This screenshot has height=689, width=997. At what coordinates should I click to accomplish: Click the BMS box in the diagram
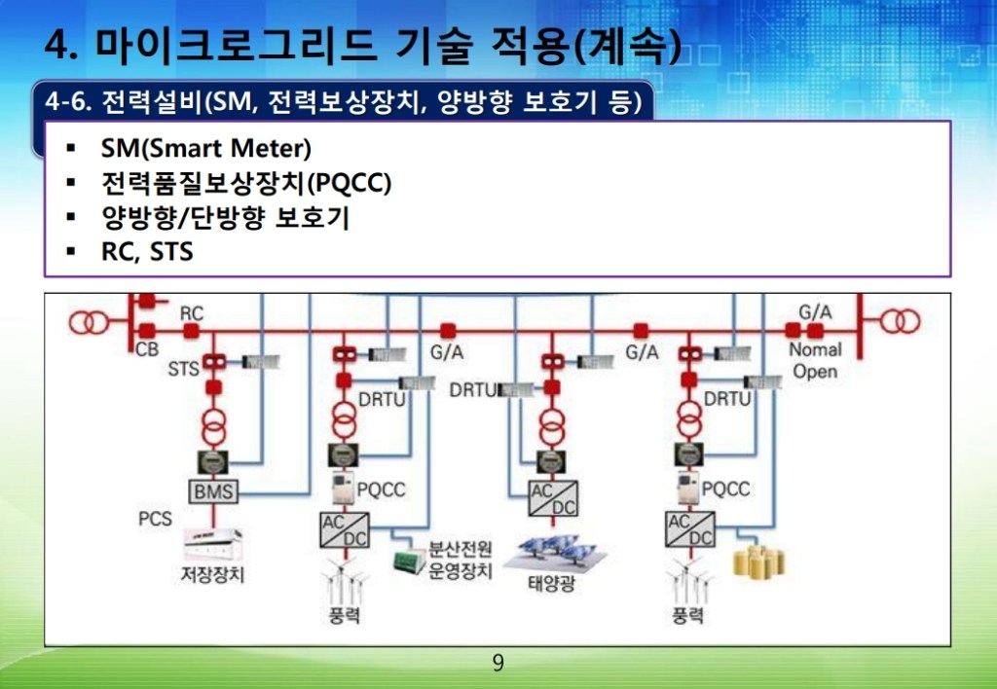coord(213,491)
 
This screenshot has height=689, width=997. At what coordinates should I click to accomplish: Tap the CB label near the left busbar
coord(147,349)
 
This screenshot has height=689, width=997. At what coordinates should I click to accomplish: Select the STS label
coord(183,369)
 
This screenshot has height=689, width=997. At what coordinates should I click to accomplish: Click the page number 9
coord(498,664)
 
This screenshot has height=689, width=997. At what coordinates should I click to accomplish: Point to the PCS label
coord(155,519)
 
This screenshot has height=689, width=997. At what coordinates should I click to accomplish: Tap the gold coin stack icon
coord(758,562)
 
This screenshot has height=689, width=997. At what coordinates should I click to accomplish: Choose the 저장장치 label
coord(213,573)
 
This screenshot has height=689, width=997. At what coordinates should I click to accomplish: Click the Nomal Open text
coord(814,360)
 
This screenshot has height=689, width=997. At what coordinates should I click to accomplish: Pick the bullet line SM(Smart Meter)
coord(205,149)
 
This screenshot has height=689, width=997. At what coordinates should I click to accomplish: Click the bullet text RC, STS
coord(147,252)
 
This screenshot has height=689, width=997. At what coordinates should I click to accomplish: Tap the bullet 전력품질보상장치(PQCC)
coord(246,183)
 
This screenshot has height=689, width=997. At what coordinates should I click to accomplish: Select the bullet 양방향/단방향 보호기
coord(225,218)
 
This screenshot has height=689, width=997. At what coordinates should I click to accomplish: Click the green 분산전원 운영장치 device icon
coord(408,562)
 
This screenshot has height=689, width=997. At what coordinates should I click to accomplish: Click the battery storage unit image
coord(213,541)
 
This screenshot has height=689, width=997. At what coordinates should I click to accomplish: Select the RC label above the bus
coord(192,313)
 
